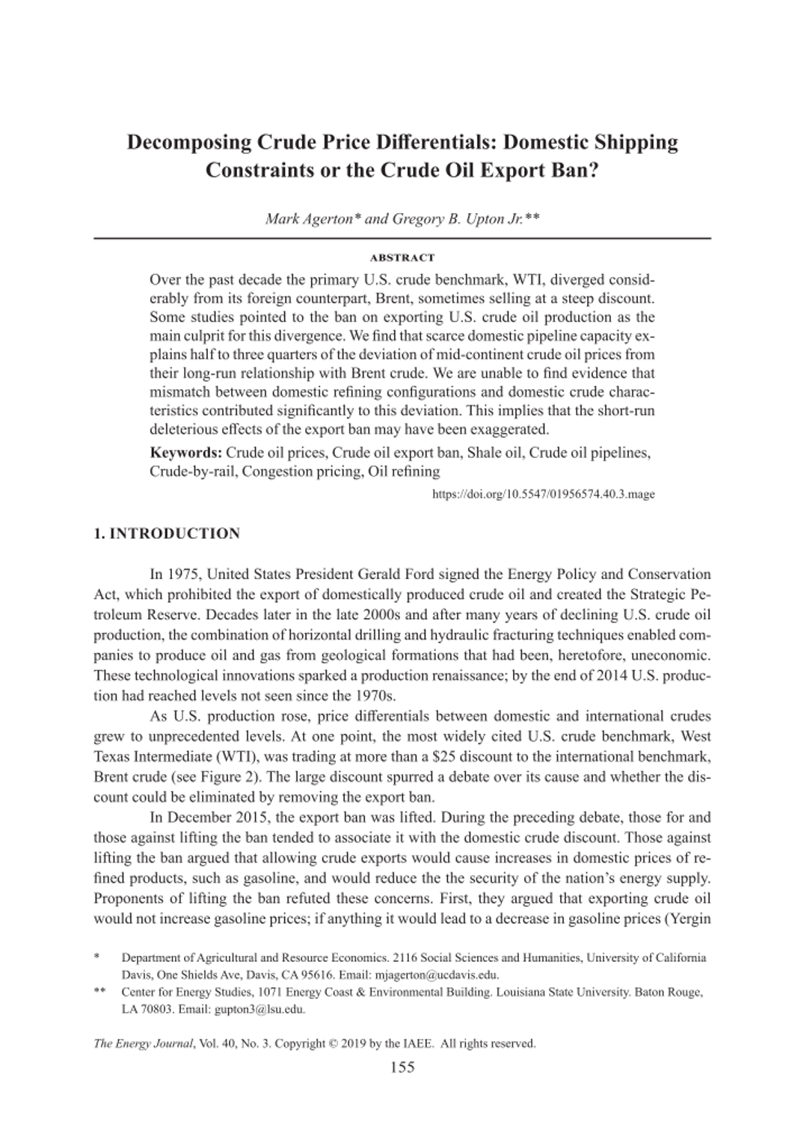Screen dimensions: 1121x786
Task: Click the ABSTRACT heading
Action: pos(402,258)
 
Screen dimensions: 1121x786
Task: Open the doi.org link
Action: pos(544,494)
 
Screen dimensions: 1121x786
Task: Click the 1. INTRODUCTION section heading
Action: pos(167,534)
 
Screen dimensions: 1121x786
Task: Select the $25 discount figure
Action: pos(434,757)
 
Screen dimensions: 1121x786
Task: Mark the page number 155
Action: pos(402,1066)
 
